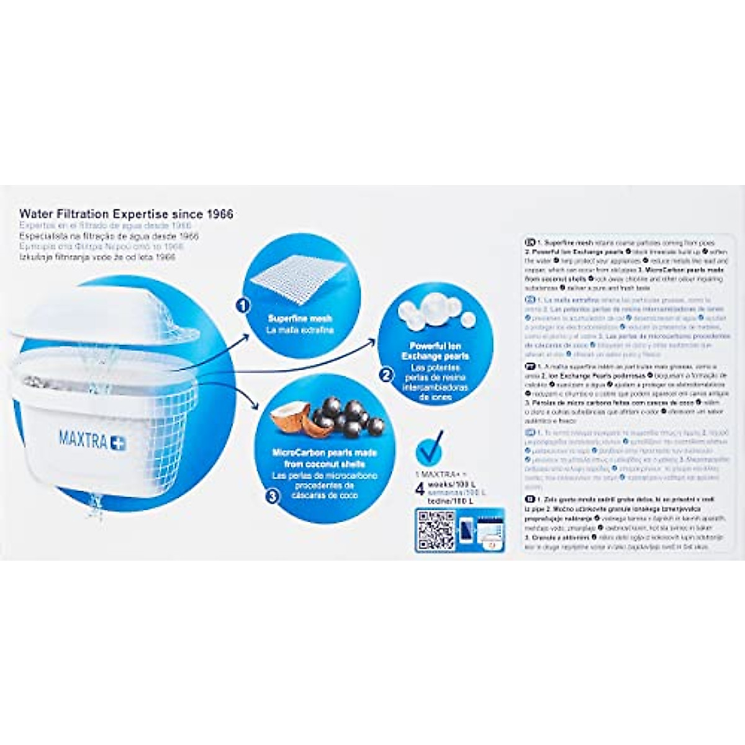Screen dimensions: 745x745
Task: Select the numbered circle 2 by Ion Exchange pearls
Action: click(x=386, y=375)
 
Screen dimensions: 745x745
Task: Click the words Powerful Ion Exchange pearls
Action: click(x=435, y=351)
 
